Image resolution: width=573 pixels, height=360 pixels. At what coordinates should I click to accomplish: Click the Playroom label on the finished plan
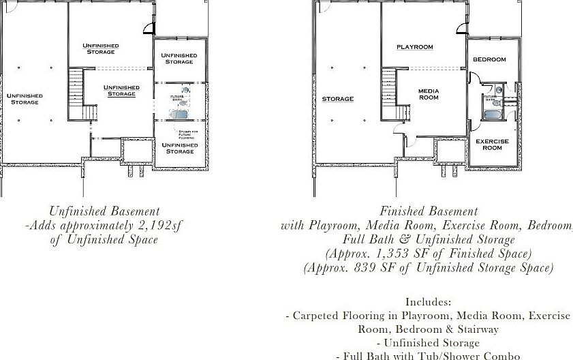415,47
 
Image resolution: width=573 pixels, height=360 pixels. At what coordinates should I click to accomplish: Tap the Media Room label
429,94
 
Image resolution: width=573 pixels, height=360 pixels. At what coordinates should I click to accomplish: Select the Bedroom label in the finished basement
489,59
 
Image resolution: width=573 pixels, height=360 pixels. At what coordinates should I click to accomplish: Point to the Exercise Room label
492,145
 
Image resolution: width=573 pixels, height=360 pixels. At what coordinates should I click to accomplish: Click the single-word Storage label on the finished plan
337,99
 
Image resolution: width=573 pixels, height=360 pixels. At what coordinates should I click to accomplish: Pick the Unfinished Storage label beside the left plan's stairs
121,91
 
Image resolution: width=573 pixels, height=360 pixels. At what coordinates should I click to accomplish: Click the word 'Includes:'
428,301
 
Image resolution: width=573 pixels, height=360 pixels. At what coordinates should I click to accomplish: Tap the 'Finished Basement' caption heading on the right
429,211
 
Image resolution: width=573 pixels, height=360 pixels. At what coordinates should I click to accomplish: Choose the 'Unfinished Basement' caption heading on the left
104,211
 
